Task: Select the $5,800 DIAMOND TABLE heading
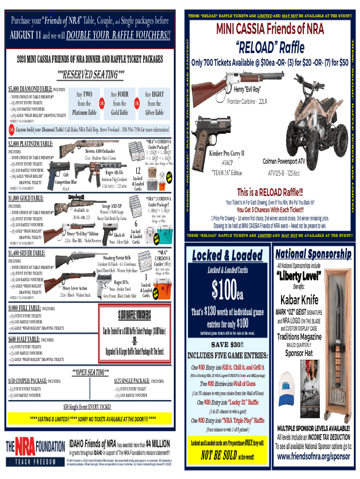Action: [30, 89]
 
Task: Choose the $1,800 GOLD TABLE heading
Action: [27, 198]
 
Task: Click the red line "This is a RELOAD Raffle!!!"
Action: [270, 192]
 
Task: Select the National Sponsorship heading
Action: [313, 254]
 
